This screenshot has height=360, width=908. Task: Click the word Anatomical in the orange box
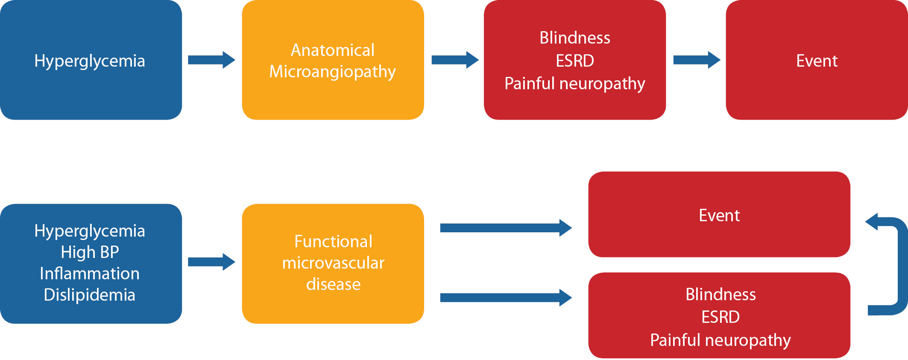(332, 50)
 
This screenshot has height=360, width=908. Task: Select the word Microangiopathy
(332, 72)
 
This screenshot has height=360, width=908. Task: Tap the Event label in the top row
(817, 61)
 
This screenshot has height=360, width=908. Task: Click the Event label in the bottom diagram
(719, 215)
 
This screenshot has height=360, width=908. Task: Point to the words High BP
(90, 252)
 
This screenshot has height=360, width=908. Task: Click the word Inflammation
(90, 273)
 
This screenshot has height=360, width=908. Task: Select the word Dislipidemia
(90, 295)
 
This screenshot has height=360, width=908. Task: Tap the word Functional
(333, 242)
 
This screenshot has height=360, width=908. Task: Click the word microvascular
(333, 263)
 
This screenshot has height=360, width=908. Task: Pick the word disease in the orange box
(333, 284)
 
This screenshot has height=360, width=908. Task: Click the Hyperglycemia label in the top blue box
(90, 61)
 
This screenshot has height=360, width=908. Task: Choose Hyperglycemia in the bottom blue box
(90, 231)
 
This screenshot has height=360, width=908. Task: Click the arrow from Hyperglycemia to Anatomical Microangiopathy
(211, 60)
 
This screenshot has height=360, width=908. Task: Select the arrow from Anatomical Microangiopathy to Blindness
(455, 60)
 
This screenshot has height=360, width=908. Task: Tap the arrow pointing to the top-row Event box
(697, 60)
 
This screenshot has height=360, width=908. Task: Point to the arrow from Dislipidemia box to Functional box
(211, 262)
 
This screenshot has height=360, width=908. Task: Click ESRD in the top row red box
(575, 61)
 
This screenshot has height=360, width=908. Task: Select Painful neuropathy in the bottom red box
(720, 340)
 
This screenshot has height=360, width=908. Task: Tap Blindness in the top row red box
(575, 38)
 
